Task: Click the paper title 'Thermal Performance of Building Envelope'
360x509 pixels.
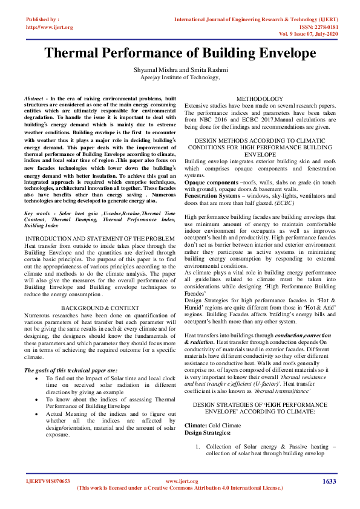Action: (x=180, y=53)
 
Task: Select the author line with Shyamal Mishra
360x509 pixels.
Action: (x=180, y=71)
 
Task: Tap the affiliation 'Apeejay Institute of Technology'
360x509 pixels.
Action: (x=180, y=78)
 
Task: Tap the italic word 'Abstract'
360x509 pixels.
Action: (x=33, y=97)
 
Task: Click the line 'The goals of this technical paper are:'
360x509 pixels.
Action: (x=70, y=370)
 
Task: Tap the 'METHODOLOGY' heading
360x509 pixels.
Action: (x=259, y=99)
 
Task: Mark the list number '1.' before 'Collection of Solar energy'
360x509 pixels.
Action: (x=197, y=446)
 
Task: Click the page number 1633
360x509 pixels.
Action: (x=329, y=481)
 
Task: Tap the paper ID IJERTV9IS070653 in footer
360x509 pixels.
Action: (x=48, y=481)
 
